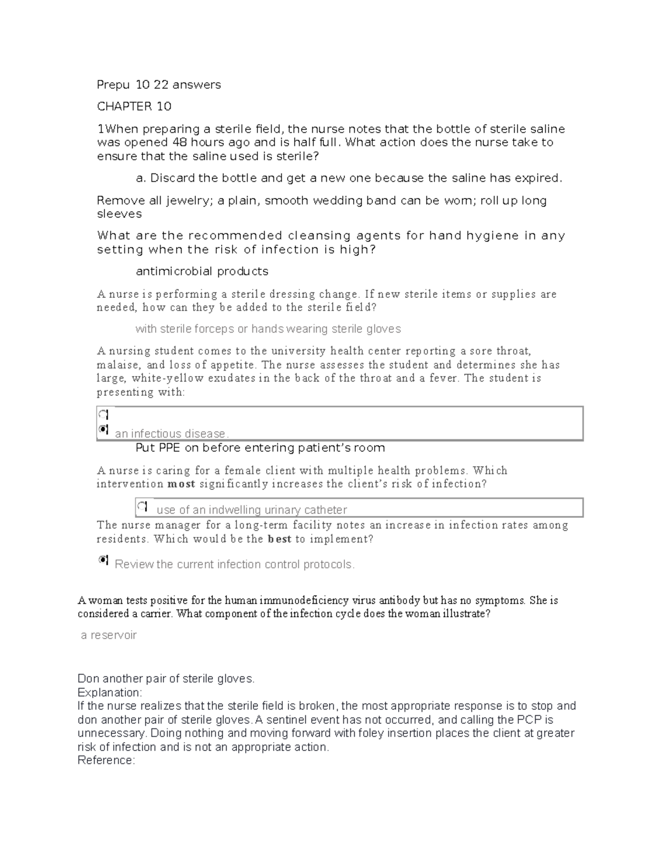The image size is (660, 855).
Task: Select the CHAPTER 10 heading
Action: click(x=134, y=106)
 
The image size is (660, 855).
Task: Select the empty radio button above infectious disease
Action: click(x=103, y=414)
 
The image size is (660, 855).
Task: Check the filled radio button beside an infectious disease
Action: click(x=103, y=429)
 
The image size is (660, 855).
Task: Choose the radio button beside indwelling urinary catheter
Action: click(x=142, y=506)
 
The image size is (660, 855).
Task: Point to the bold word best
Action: click(x=279, y=540)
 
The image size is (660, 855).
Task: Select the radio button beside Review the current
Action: click(x=103, y=560)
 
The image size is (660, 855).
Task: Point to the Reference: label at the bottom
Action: click(x=106, y=761)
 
